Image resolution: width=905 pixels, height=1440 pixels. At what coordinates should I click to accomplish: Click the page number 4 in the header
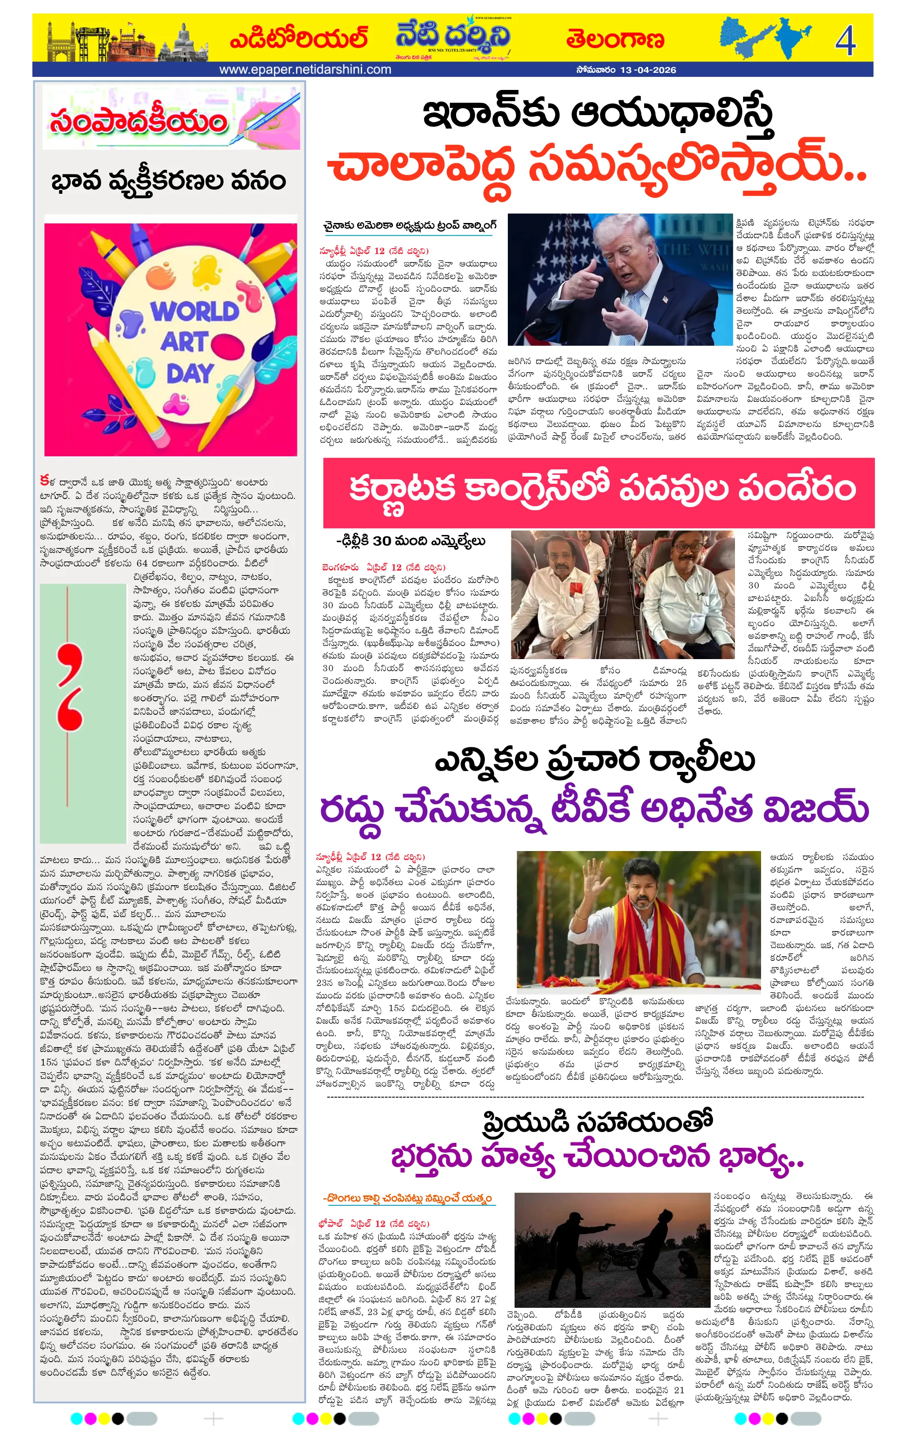click(x=845, y=40)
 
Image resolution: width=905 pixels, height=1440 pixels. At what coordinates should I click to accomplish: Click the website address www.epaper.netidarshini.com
click(x=305, y=69)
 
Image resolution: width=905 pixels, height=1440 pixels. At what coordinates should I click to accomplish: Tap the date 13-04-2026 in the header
click(x=648, y=70)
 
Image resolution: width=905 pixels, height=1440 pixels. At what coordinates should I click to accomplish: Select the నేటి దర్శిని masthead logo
click(x=453, y=37)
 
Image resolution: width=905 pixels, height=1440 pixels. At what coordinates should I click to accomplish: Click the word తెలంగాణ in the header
click(x=615, y=40)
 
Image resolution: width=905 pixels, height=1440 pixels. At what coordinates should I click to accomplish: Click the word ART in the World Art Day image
click(x=185, y=343)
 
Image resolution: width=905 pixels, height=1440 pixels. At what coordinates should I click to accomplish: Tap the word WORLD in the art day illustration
click(x=195, y=312)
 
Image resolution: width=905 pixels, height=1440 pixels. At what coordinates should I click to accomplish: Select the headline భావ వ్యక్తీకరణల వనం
click(x=169, y=181)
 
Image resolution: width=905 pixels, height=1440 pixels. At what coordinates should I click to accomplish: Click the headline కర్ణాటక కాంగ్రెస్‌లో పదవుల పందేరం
click(x=601, y=489)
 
